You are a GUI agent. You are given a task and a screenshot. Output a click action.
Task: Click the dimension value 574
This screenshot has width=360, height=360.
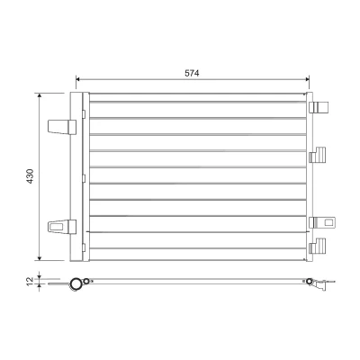192,73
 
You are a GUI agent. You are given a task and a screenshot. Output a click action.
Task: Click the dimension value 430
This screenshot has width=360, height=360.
31,176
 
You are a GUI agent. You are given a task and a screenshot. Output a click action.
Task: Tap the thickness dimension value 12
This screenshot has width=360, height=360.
30,282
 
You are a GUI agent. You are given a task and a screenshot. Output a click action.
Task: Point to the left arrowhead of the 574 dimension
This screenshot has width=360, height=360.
78,79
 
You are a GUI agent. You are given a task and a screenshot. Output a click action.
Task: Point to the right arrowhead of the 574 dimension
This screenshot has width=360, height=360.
307,79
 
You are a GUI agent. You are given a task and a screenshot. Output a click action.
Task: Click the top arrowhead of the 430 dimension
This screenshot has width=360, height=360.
40,95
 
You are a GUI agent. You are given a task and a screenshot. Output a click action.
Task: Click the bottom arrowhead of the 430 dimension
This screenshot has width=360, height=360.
40,258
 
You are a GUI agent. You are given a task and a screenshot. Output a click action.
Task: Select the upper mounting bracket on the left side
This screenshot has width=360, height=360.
62,127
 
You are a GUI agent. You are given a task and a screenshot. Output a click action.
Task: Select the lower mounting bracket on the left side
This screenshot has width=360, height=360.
62,227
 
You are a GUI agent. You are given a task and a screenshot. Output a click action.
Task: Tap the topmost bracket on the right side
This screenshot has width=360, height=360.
319,107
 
